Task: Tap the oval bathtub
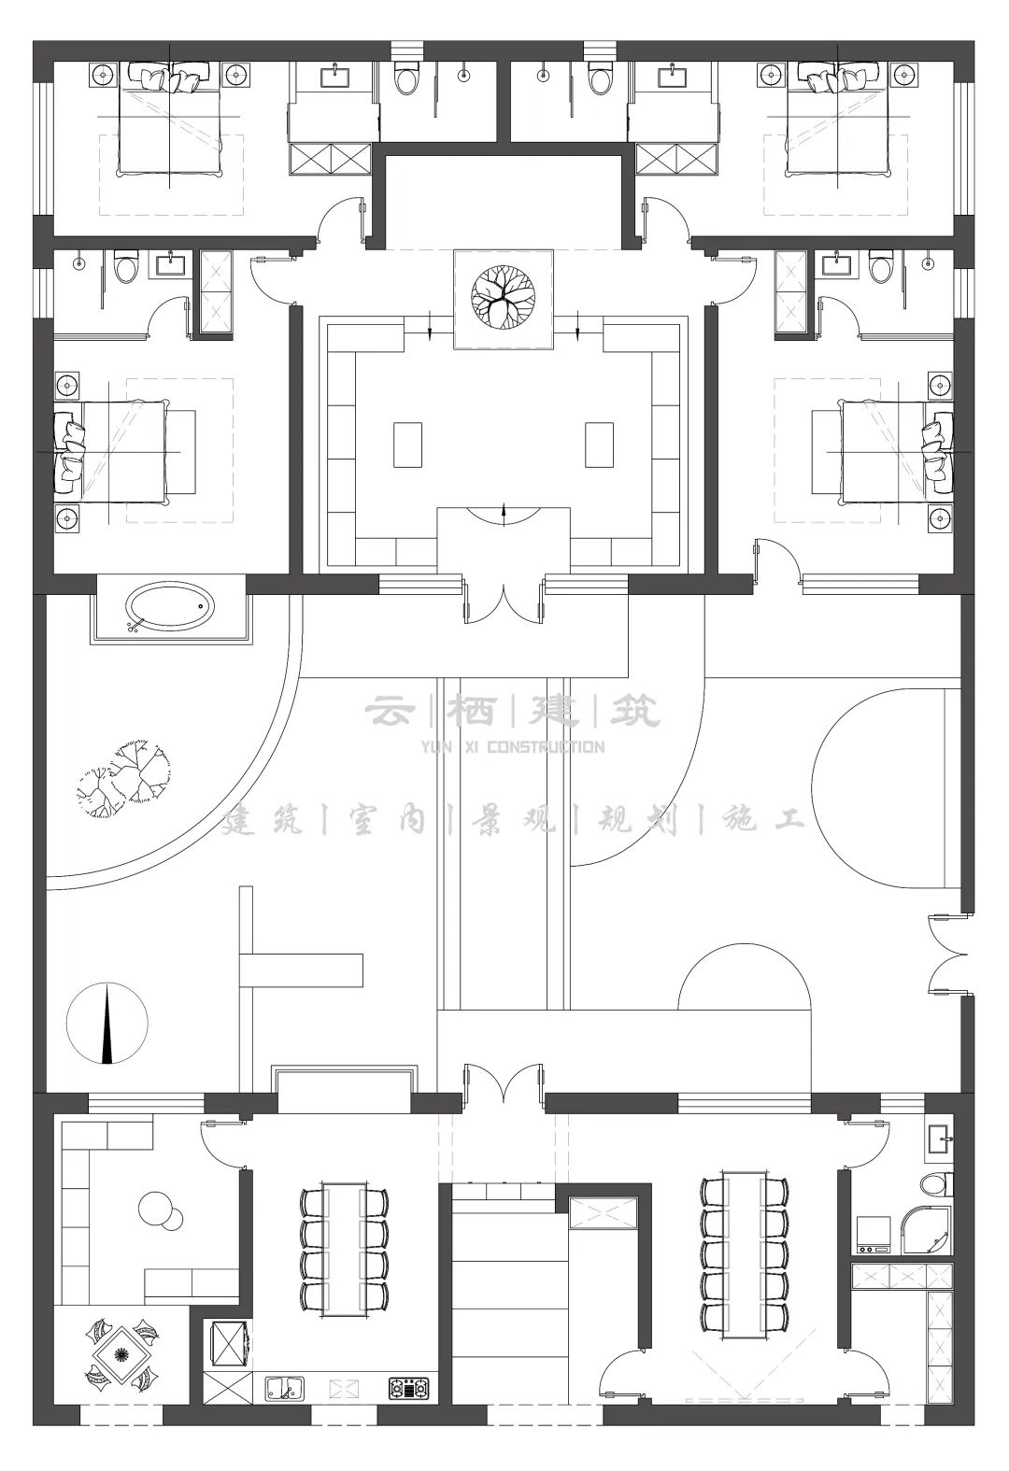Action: (x=169, y=608)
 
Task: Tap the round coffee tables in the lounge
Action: (x=160, y=1212)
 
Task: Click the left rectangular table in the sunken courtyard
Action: (x=408, y=445)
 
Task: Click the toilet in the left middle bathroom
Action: (x=126, y=269)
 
